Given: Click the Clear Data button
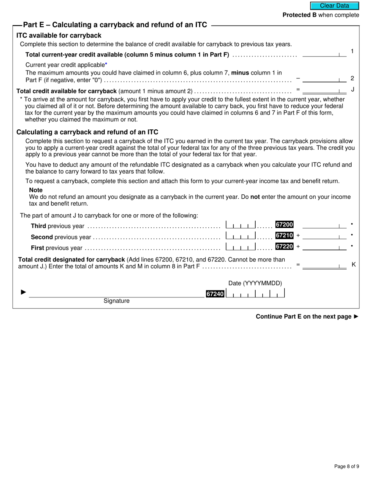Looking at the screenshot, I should [334, 6].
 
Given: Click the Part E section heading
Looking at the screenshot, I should [115, 25].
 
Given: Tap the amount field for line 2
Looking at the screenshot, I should [324, 79].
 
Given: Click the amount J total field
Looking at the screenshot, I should [324, 90].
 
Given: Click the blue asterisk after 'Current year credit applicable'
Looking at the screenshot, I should [106, 64].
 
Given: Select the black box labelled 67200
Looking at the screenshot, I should [284, 225].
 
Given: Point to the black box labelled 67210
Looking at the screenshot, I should [284, 236].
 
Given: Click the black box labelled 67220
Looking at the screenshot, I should [284, 246].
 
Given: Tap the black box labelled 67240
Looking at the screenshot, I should [215, 294].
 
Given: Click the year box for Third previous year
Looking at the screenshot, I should [241, 225].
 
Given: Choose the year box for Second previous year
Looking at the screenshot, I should [241, 236].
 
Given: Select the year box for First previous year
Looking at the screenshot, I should [241, 246].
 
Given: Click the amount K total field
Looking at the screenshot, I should [324, 265].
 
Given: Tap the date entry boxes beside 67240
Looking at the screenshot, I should [256, 294].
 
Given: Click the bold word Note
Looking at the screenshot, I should [36, 190].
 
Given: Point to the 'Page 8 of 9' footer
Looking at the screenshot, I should [347, 466].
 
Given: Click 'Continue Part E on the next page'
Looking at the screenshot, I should [307, 317].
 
